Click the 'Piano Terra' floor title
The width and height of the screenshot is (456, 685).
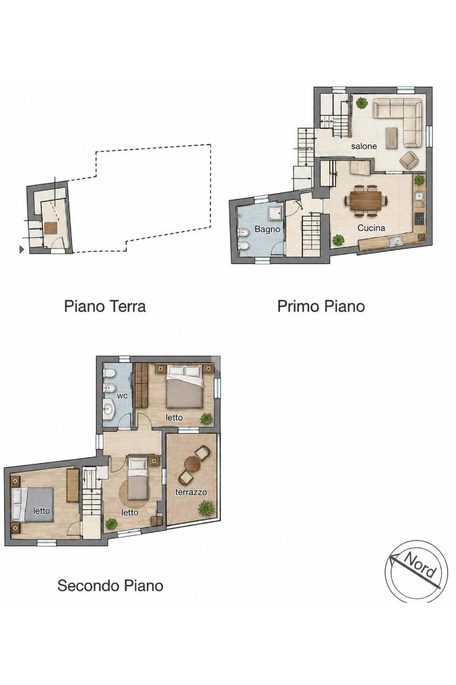105,306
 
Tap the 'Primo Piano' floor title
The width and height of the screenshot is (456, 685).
320,306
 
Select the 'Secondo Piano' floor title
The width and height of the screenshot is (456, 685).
110,585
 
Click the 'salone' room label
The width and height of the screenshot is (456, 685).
364,146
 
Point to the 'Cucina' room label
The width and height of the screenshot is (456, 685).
371,228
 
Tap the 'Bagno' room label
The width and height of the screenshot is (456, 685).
267,229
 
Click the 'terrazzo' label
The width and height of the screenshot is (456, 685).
191,493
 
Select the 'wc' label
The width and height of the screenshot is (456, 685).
122,396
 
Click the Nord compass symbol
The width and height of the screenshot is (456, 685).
417,571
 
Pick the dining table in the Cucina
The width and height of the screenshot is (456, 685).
366,200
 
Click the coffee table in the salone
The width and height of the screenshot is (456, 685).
391,138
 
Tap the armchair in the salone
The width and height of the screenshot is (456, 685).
409,160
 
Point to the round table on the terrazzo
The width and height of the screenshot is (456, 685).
192,464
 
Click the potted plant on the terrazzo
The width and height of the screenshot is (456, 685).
206,509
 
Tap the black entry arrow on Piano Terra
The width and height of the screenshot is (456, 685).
21,249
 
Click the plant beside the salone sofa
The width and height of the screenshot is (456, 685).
361,104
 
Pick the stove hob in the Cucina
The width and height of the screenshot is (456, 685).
419,219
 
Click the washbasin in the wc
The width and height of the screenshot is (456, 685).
107,410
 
